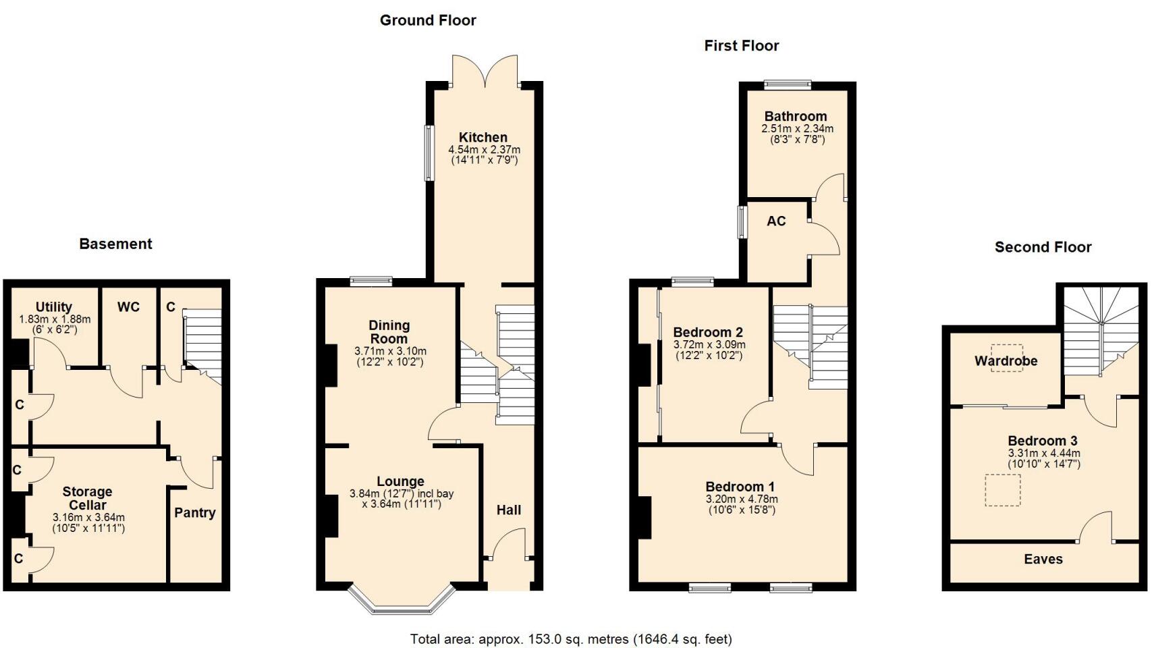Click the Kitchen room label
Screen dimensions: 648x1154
pyautogui.click(x=483, y=137)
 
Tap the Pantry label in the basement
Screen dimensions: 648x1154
pyautogui.click(x=195, y=512)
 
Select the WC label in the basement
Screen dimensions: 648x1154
pyautogui.click(x=129, y=307)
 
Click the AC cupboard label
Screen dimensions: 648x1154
pyautogui.click(x=776, y=221)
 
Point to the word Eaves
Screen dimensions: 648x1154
pyautogui.click(x=1043, y=559)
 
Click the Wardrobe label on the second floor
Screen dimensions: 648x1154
pyautogui.click(x=1006, y=360)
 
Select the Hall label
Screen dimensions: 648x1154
pyautogui.click(x=509, y=510)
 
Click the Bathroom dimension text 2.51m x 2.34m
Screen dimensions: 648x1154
pyautogui.click(x=797, y=128)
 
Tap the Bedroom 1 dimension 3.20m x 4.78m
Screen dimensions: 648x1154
pyautogui.click(x=742, y=499)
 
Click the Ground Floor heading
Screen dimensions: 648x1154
pyautogui.click(x=428, y=20)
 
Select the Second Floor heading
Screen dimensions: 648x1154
pyautogui.click(x=1043, y=247)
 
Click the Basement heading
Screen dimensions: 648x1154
pyautogui.click(x=115, y=244)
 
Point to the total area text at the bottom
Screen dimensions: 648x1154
pyautogui.click(x=571, y=639)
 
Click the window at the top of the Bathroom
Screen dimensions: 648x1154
pyautogui.click(x=788, y=85)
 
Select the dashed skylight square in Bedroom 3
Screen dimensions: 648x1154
pyautogui.click(x=1003, y=490)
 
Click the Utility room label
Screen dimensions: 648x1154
pyautogui.click(x=53, y=307)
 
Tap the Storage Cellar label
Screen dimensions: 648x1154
pyautogui.click(x=87, y=498)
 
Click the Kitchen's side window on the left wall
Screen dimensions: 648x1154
pyautogui.click(x=429, y=153)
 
